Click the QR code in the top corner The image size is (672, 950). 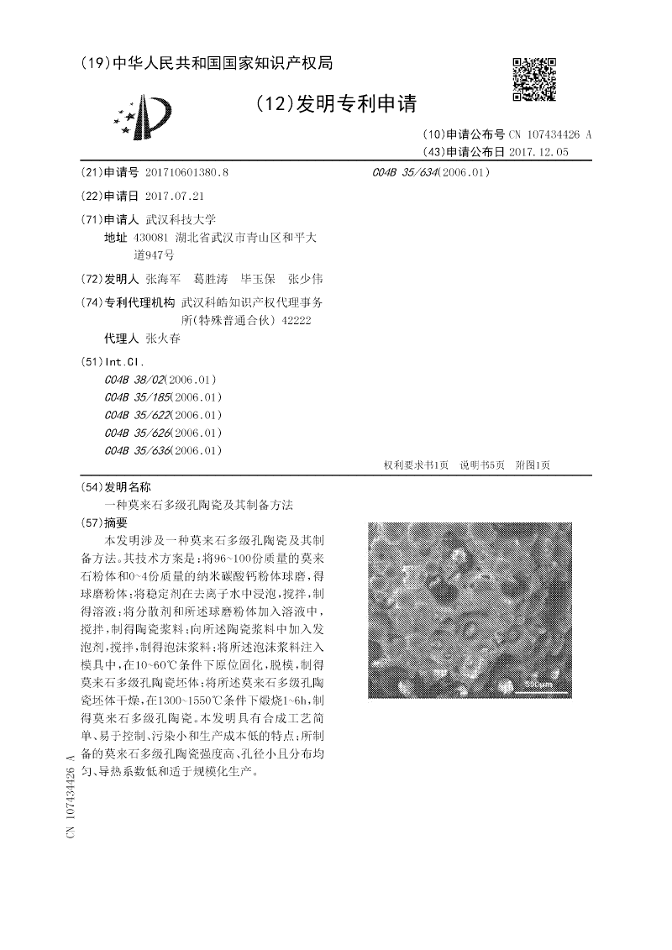pyautogui.click(x=534, y=80)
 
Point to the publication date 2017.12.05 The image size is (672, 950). pyautogui.click(x=538, y=152)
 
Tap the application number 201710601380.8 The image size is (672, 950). pyautogui.click(x=186, y=172)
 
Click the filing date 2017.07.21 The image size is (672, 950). pyautogui.click(x=175, y=196)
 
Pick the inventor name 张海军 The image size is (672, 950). pyautogui.click(x=162, y=278)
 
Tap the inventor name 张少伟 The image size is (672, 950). pyautogui.click(x=305, y=278)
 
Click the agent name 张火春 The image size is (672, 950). pyautogui.click(x=162, y=338)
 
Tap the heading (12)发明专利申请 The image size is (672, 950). pyautogui.click(x=335, y=104)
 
